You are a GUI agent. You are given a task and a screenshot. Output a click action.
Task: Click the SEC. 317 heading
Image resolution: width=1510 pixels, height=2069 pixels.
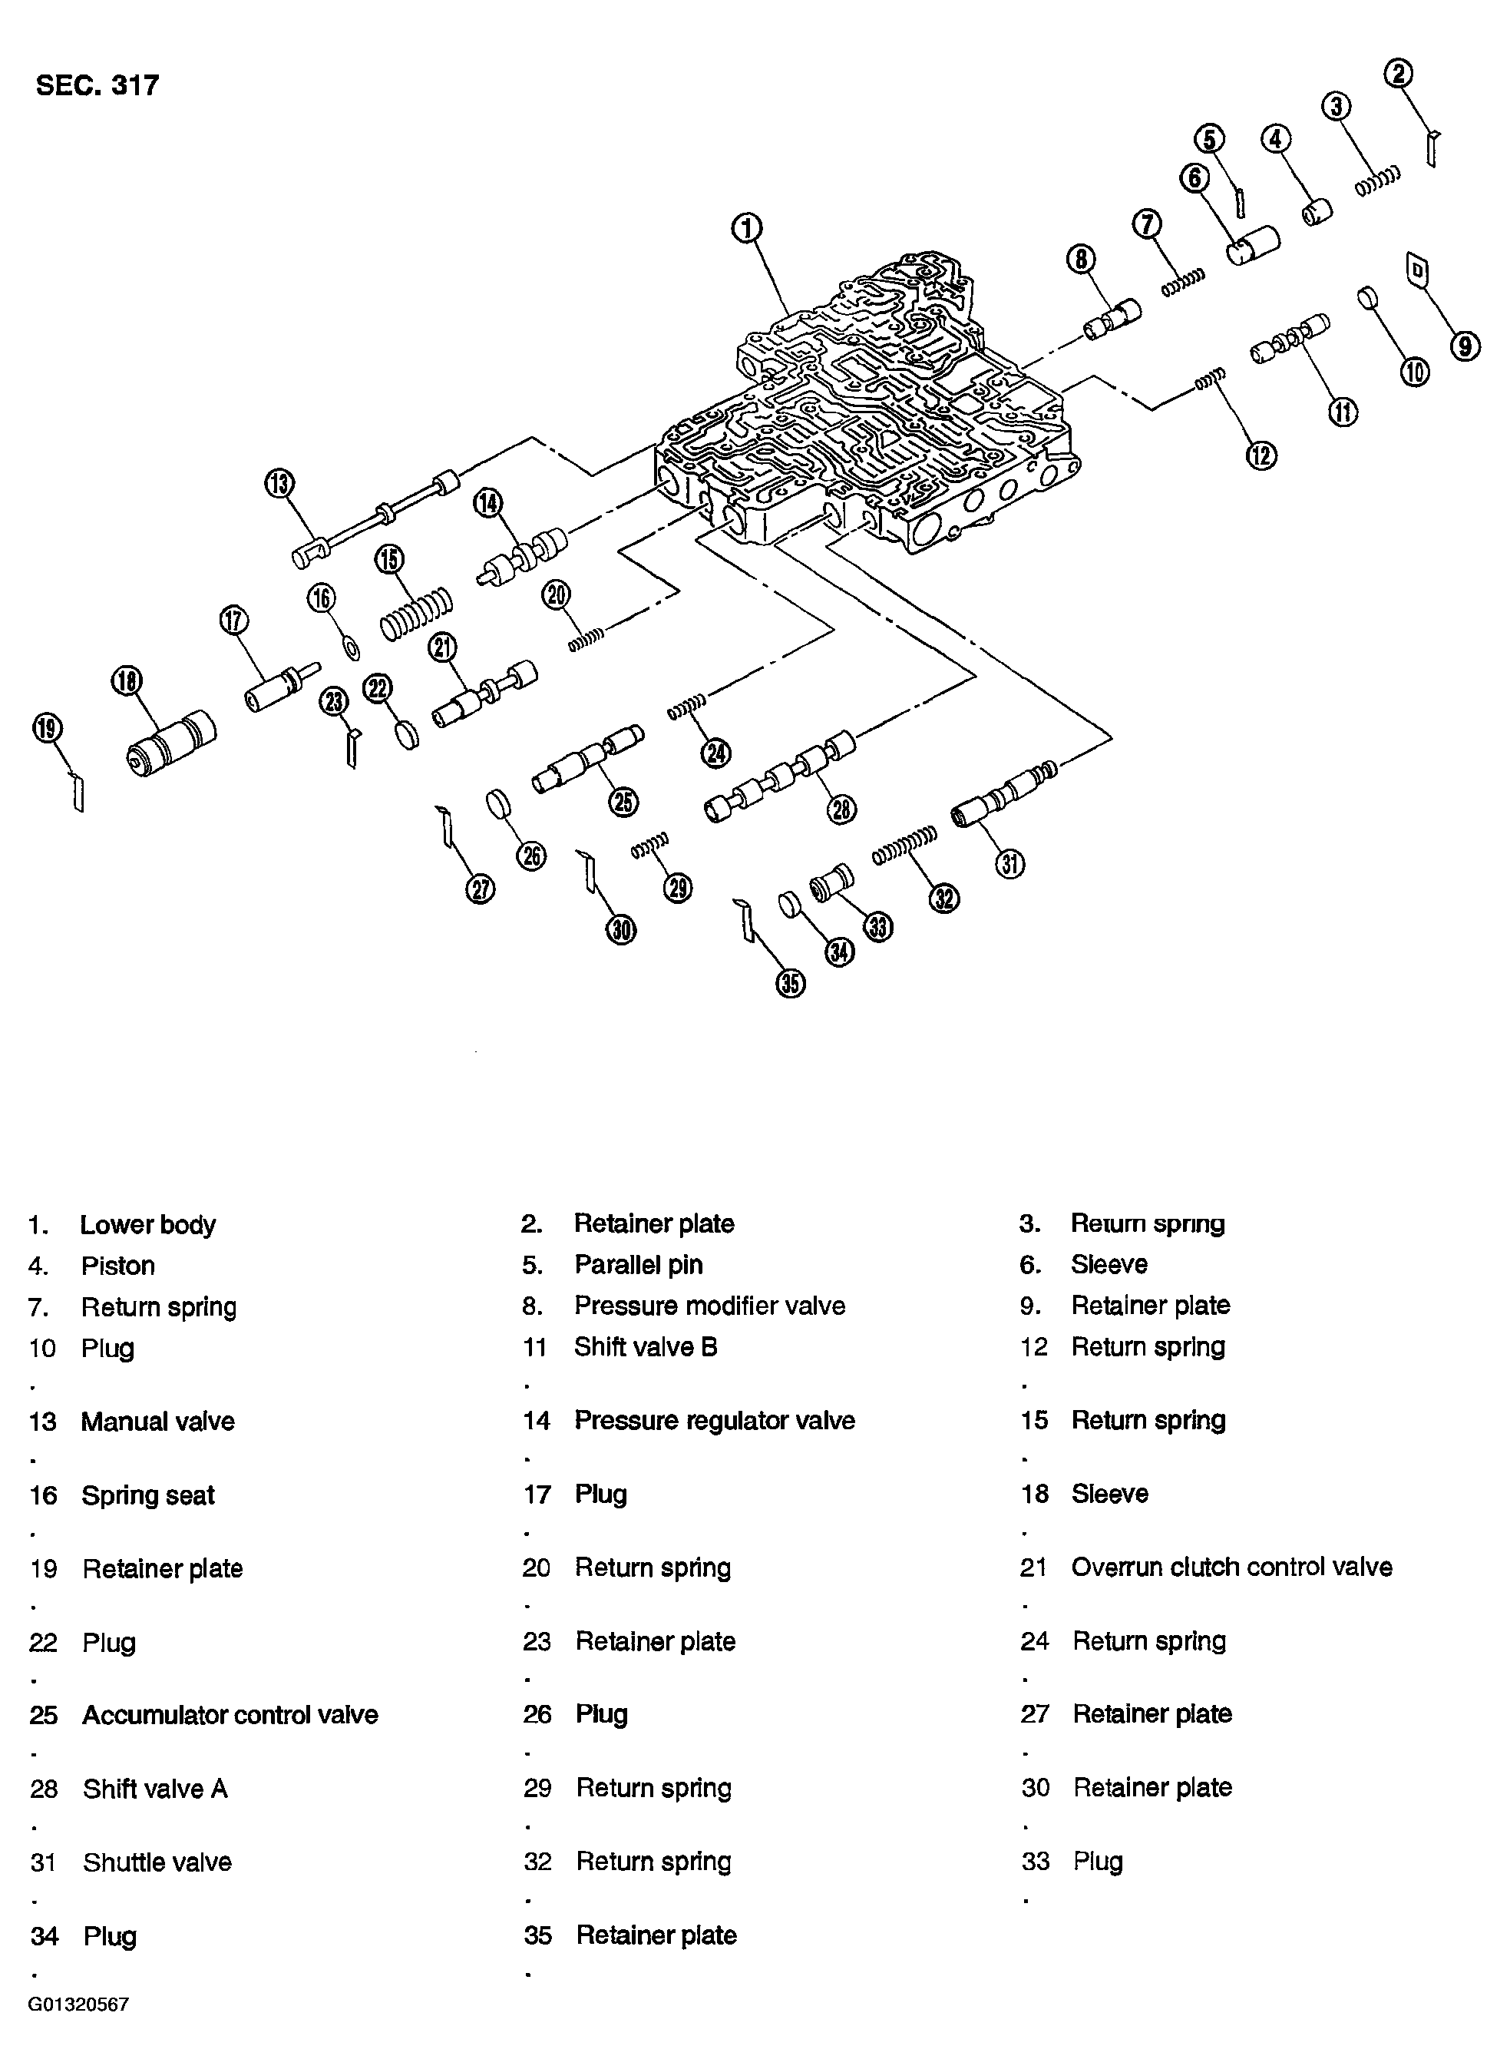click(97, 86)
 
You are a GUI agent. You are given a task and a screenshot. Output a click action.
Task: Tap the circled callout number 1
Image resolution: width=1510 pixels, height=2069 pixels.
click(747, 227)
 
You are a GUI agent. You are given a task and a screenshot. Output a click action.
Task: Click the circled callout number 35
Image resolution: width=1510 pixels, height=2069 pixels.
click(791, 984)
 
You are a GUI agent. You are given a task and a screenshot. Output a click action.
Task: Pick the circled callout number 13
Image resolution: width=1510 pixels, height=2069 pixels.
click(279, 483)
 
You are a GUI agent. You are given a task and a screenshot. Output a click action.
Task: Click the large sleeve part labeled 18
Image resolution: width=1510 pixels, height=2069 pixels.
click(171, 743)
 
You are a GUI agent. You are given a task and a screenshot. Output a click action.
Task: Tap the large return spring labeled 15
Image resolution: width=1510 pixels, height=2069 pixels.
click(417, 614)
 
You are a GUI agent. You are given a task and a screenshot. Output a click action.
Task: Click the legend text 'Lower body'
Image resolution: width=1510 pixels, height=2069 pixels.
click(147, 1225)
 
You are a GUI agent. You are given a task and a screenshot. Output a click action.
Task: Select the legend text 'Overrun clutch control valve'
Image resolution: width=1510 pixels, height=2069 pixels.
click(1231, 1567)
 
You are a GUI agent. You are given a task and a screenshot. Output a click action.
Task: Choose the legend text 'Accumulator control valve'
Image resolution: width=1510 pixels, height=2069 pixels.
click(230, 1714)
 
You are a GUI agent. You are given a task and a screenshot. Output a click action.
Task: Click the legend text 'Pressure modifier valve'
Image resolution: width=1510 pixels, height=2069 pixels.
click(709, 1306)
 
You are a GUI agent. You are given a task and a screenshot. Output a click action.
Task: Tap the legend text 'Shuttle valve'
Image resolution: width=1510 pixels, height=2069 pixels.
click(157, 1862)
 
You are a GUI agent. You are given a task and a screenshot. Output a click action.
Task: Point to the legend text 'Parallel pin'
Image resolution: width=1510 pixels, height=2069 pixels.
click(638, 1264)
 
